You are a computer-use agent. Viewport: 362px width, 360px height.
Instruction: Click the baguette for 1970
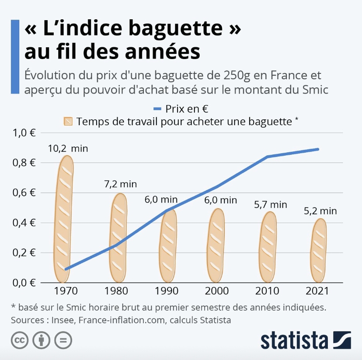coord(63,219)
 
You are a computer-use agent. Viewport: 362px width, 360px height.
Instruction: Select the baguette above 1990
coord(168,246)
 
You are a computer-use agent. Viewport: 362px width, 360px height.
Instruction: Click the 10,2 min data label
coord(68,148)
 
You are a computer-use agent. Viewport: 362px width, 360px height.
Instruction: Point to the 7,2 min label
coord(120,184)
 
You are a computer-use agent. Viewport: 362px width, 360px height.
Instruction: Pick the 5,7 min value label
coord(270,204)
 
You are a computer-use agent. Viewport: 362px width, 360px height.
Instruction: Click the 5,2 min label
coord(320,211)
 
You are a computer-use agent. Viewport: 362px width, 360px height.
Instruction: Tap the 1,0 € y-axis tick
coord(25,133)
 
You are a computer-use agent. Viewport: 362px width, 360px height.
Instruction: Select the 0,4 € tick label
coord(25,223)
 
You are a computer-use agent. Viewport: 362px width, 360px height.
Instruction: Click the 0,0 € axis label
coord(25,283)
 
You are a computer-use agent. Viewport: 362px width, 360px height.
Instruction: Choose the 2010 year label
coord(268,291)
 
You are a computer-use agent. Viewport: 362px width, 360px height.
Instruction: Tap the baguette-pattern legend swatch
coord(68,121)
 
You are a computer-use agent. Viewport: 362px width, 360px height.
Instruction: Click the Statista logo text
coord(294,340)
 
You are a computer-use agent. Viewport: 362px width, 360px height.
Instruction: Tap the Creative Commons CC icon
coord(19,340)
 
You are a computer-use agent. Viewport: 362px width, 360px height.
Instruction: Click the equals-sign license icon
coord(64,340)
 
